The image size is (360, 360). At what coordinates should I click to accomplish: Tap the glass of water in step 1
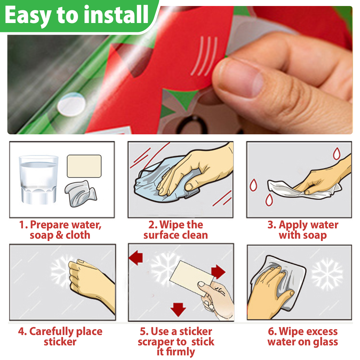tap(39, 180)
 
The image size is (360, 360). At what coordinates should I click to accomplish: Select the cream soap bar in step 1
tap(84, 166)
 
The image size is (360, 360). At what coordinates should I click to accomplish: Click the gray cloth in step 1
tap(81, 194)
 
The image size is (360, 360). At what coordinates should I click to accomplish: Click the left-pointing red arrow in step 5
tap(136, 258)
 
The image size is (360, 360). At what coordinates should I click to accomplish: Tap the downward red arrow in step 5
tap(178, 309)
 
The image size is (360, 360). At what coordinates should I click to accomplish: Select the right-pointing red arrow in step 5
tap(218, 272)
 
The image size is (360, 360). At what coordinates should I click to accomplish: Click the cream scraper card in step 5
tap(191, 278)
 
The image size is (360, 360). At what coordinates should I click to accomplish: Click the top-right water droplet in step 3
tap(337, 153)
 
